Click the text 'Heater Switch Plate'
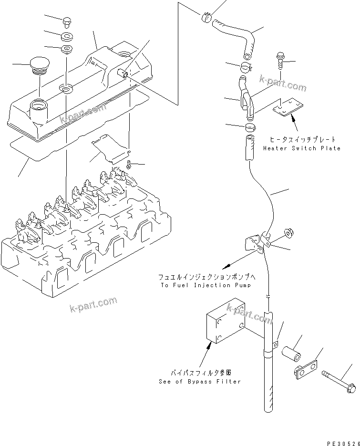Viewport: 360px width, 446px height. point(302,148)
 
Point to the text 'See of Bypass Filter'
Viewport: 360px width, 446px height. point(200,382)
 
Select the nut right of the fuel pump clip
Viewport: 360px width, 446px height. point(288,232)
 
